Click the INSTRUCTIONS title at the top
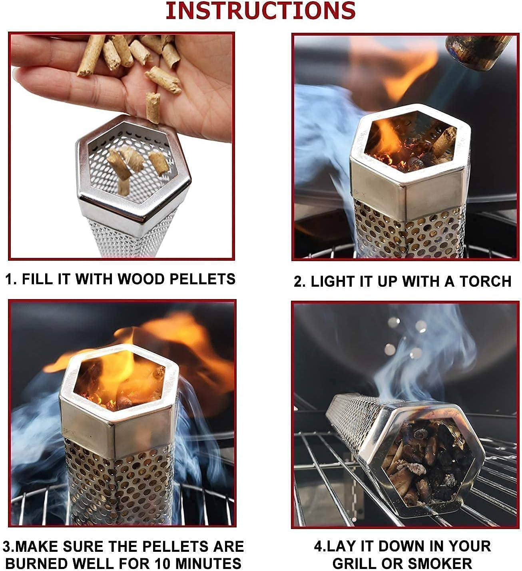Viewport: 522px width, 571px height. [x=261, y=10]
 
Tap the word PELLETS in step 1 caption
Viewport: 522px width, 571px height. [x=202, y=279]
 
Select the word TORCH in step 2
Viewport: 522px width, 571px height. [x=486, y=281]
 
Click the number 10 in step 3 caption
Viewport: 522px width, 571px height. [x=165, y=563]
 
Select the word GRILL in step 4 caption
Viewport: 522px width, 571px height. [x=355, y=563]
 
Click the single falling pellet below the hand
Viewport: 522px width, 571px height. [x=153, y=108]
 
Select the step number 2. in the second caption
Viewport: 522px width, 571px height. [x=299, y=281]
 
